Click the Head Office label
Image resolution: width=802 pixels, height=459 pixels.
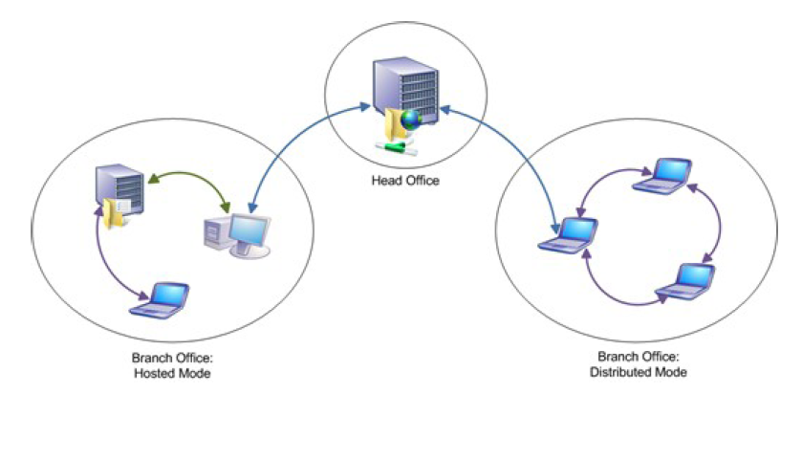pyautogui.click(x=405, y=181)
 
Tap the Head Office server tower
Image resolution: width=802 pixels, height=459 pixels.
pyautogui.click(x=406, y=90)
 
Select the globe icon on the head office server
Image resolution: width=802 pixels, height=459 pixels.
pyautogui.click(x=411, y=120)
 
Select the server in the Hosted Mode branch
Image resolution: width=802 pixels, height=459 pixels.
pyautogui.click(x=119, y=189)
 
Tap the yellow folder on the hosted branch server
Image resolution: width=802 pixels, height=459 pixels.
pyautogui.click(x=113, y=213)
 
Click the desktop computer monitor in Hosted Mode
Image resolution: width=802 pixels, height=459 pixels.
pyautogui.click(x=249, y=232)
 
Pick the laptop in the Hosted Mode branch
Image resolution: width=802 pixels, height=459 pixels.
pyautogui.click(x=160, y=301)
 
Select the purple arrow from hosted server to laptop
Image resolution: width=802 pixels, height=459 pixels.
pyautogui.click(x=104, y=261)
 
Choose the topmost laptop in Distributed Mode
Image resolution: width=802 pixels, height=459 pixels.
pyautogui.click(x=662, y=176)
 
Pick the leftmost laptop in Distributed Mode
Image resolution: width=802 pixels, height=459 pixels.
pyautogui.click(x=568, y=235)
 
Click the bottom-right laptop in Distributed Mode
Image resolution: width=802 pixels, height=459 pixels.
pyautogui.click(x=684, y=281)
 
